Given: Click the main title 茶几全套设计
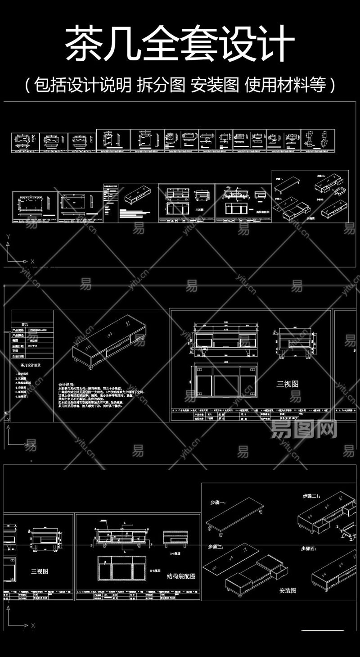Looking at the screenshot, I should click(x=180, y=44).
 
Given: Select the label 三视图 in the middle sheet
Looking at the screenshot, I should click(x=287, y=384).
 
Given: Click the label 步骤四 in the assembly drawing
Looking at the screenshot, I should click(x=310, y=549).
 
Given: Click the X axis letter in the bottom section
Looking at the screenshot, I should click(x=33, y=626).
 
